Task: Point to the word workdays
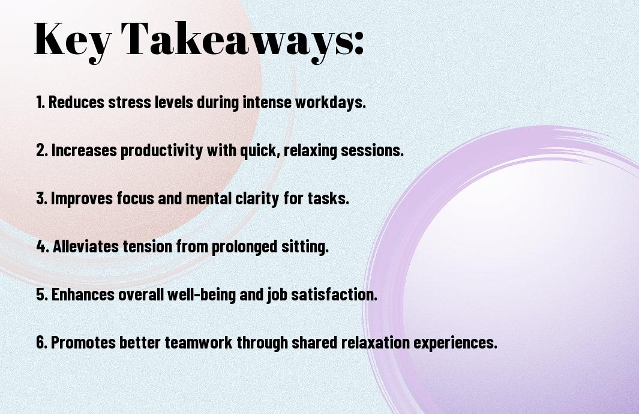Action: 330,102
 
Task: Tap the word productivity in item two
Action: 161,150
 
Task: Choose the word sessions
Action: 372,150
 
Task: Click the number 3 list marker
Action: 41,198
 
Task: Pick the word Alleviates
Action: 86,246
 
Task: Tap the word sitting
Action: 305,246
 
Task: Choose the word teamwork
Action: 199,342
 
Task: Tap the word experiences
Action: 455,342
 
